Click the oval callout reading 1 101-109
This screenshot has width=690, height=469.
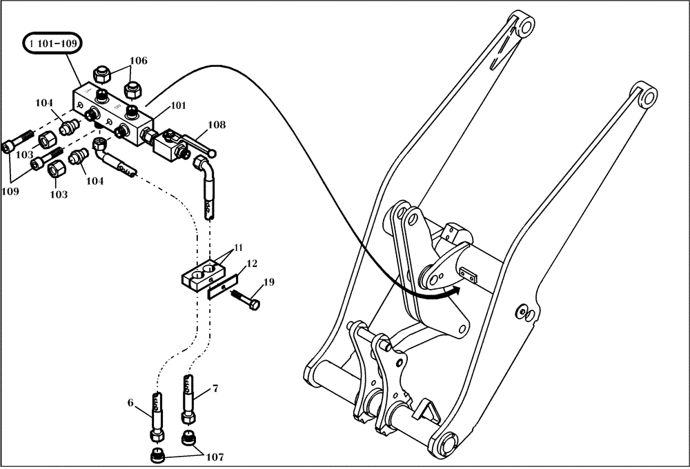click(53, 44)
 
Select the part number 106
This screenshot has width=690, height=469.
click(139, 61)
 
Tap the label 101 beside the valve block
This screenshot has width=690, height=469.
click(178, 106)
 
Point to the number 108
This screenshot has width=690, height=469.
click(217, 126)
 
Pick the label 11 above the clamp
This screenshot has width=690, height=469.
click(237, 247)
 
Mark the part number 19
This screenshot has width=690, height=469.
click(268, 282)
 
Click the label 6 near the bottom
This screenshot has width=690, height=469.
click(130, 402)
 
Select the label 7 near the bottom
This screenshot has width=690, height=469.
click(215, 389)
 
